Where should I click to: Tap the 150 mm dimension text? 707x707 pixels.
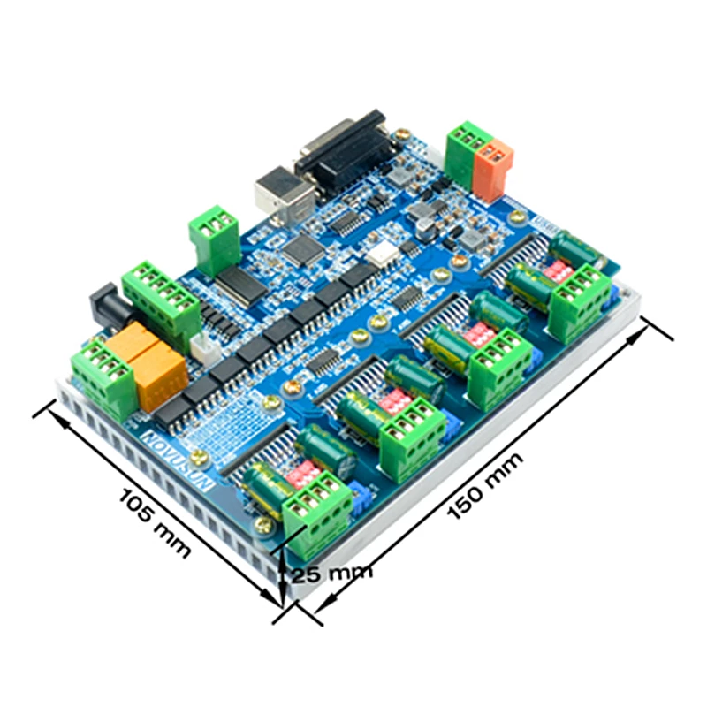pyautogui.click(x=485, y=485)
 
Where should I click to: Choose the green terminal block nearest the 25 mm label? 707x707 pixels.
pyautogui.click(x=317, y=508)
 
